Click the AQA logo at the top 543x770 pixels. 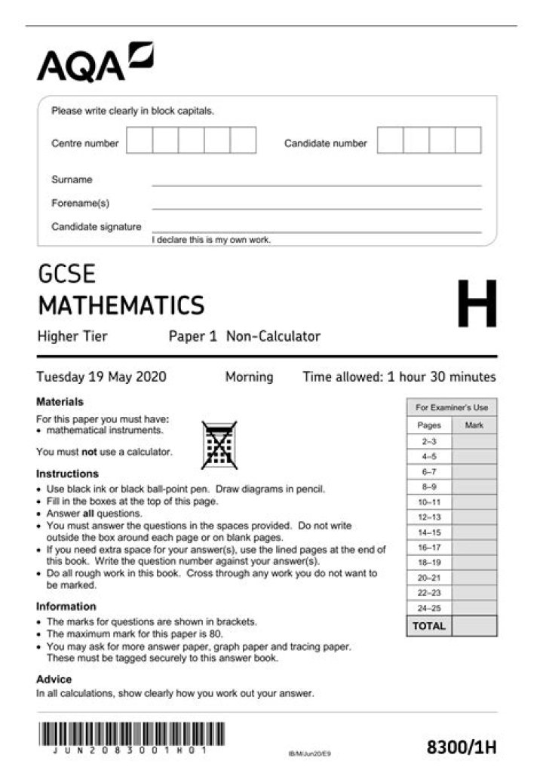coord(94,63)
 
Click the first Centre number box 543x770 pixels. coord(140,140)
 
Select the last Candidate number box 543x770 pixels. coord(468,140)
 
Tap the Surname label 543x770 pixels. coord(72,180)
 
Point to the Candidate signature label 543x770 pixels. coord(96,226)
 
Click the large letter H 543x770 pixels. coord(477,305)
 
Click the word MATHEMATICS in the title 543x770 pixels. coord(121,305)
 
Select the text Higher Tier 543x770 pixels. coord(72,336)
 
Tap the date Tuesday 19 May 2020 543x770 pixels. coord(101,377)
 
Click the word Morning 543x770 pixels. coord(249,377)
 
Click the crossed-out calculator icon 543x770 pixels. coord(219,445)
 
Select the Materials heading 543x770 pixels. coord(60,402)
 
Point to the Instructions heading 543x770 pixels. coord(67,474)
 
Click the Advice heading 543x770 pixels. coord(54,679)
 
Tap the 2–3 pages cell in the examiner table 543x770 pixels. coord(429,441)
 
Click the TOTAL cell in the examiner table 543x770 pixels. coord(428,626)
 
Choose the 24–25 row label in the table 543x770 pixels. coord(429,608)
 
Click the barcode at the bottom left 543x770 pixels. coord(130,735)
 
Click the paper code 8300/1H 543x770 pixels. coord(462,747)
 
